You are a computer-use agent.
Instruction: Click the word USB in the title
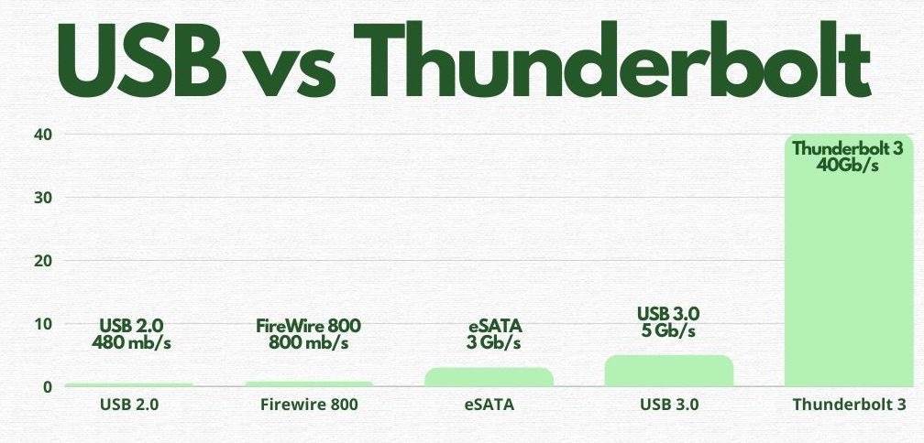pos(142,61)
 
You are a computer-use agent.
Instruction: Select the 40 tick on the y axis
pos(42,135)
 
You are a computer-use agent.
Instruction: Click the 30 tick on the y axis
pos(42,198)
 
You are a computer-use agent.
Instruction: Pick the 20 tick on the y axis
pos(42,261)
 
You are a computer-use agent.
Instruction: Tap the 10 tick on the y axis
pos(42,324)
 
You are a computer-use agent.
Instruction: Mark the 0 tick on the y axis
pos(47,387)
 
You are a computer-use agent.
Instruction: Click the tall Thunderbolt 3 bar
pos(849,261)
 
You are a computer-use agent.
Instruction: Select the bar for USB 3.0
pos(669,371)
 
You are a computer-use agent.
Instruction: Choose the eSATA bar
pos(489,377)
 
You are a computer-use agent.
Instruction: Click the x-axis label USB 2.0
pos(129,405)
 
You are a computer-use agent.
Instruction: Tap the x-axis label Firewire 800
pos(310,405)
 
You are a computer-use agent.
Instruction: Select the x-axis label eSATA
pos(489,405)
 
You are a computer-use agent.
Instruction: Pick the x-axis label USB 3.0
pos(669,405)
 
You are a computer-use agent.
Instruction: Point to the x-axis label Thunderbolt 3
pos(849,405)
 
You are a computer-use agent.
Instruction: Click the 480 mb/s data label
pos(131,342)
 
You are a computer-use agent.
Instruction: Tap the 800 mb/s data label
pos(309,342)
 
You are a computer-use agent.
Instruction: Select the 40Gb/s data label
pos(847,166)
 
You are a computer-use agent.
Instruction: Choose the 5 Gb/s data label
pos(668,330)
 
